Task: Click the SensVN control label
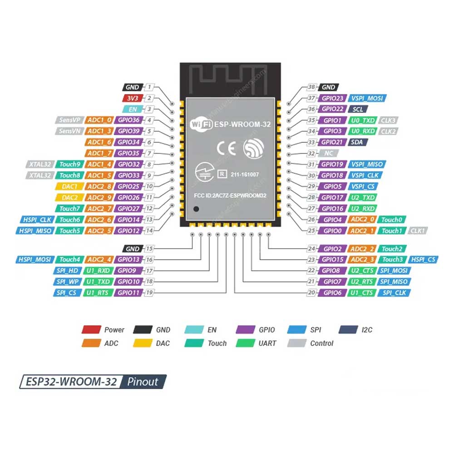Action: point(69,131)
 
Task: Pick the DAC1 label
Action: point(69,187)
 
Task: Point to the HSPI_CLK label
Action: point(36,220)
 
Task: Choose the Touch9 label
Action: point(69,164)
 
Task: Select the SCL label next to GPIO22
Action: point(357,109)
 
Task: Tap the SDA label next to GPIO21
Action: point(357,143)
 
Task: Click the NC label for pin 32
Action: point(328,153)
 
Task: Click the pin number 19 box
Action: point(148,293)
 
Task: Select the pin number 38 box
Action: point(311,87)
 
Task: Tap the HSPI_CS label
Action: point(424,260)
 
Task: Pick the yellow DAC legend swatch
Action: point(142,343)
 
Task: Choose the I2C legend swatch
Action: point(349,330)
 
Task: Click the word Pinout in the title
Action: point(143,381)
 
